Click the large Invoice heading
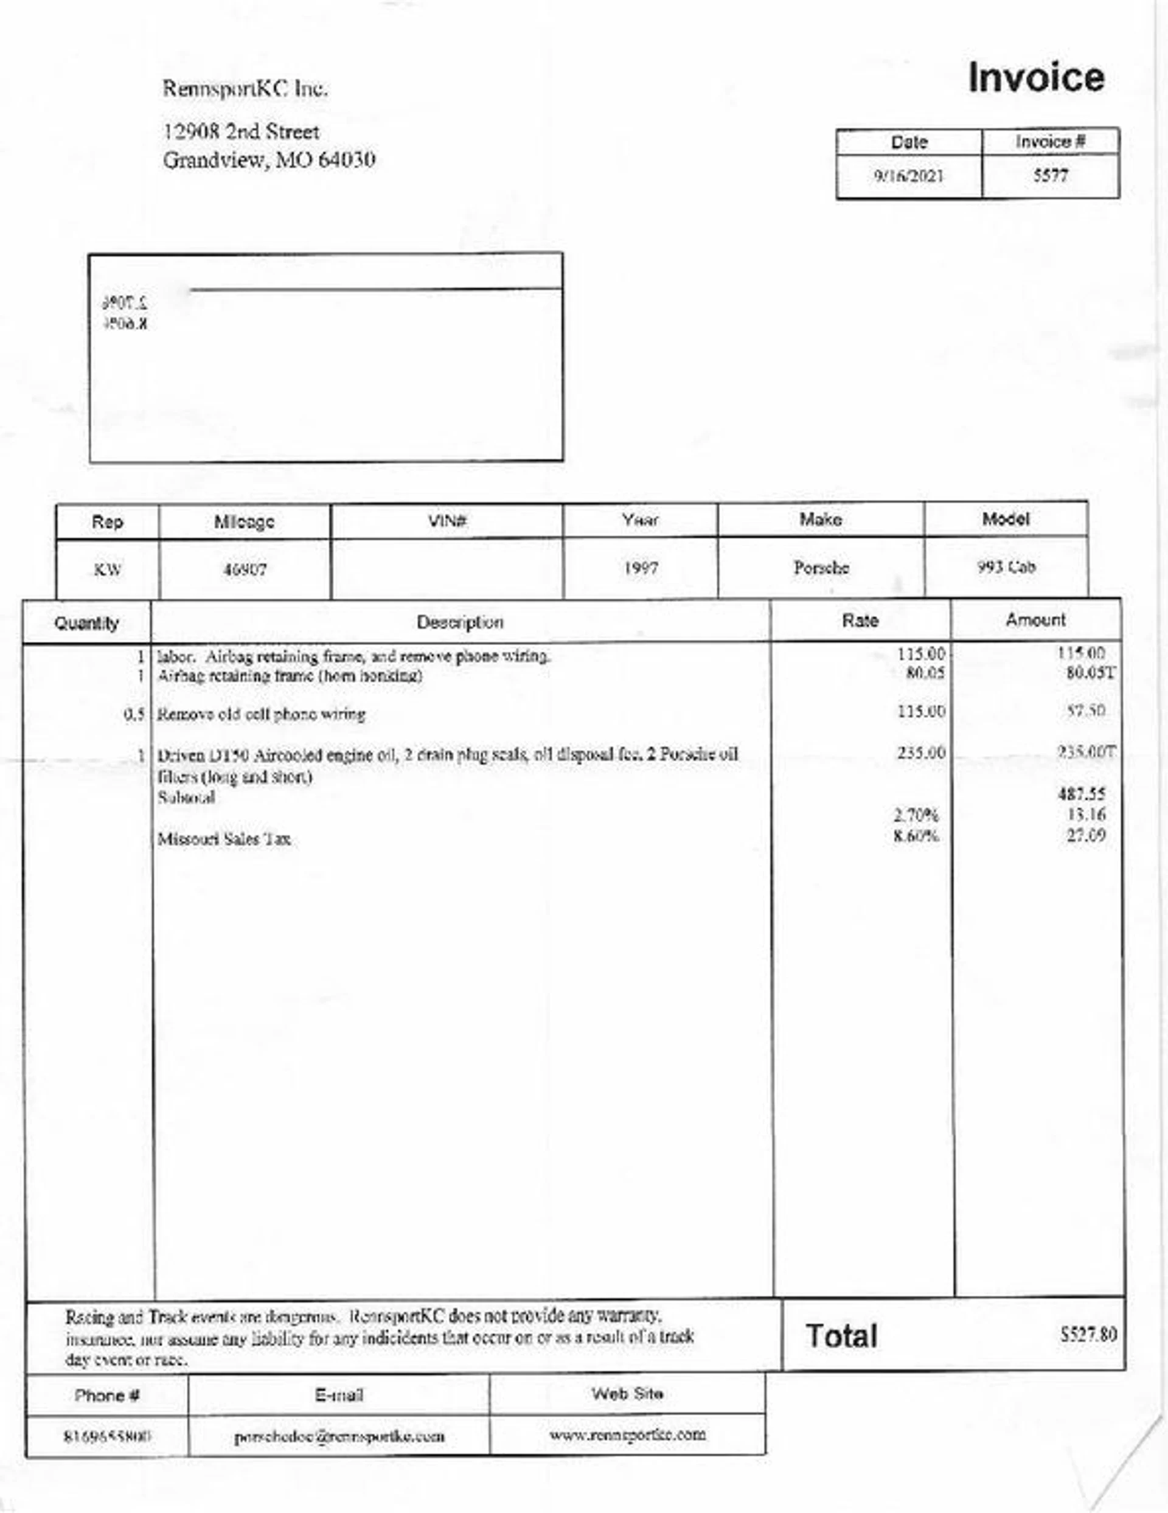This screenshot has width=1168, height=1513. tap(1035, 78)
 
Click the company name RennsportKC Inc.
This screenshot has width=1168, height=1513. tap(245, 89)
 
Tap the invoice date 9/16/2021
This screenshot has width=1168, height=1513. tap(908, 176)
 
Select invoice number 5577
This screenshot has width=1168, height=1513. tap(1050, 175)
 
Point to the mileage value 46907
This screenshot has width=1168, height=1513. tap(245, 570)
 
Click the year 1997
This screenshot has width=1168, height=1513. tap(640, 569)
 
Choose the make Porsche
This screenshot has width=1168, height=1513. tap(821, 568)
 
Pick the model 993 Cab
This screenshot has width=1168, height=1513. tap(1006, 568)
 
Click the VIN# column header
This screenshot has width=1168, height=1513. tap(447, 520)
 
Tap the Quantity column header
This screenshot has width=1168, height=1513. tap(86, 623)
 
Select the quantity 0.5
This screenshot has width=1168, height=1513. tap(134, 714)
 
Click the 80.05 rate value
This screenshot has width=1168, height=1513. tap(925, 673)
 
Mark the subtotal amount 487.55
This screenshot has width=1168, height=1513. tap(1082, 794)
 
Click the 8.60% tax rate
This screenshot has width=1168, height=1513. tap(916, 835)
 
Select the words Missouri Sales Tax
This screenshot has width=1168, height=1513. tap(224, 840)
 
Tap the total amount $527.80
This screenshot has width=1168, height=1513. tap(1088, 1334)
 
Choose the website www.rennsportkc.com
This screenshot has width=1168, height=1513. tap(628, 1434)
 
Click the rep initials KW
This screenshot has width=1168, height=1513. tap(108, 570)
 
